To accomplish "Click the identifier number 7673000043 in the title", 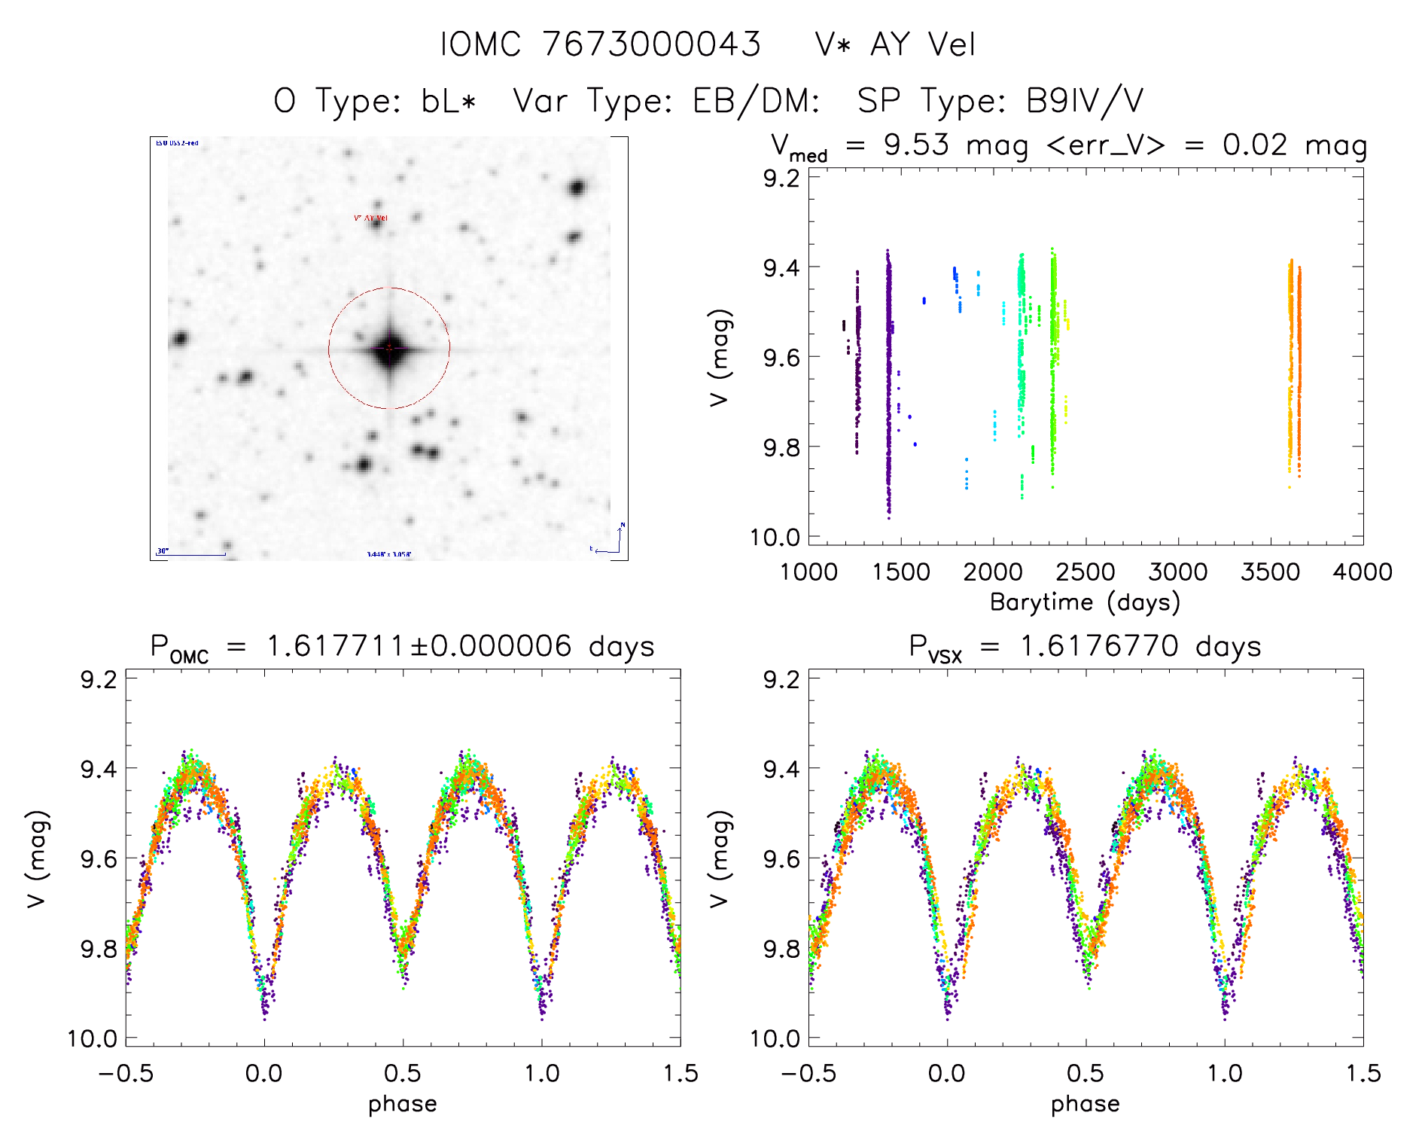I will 651,44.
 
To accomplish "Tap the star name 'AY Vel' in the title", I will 922,44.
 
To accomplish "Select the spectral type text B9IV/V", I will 1085,101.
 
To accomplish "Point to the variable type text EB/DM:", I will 756,101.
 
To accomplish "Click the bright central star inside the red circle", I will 389,348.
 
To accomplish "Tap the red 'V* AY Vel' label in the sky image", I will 370,218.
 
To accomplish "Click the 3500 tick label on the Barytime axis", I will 1270,572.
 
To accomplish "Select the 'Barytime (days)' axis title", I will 1085,602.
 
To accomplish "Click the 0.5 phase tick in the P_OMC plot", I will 403,1073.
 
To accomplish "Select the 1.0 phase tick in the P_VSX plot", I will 1225,1073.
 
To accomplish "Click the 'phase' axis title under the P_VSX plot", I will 1085,1104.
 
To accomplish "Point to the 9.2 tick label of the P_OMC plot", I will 99,679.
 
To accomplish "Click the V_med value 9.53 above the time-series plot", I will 916,145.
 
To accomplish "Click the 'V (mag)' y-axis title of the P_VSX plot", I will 720,858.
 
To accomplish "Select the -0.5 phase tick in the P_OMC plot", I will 126,1073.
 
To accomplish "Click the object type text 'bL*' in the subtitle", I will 449,101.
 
